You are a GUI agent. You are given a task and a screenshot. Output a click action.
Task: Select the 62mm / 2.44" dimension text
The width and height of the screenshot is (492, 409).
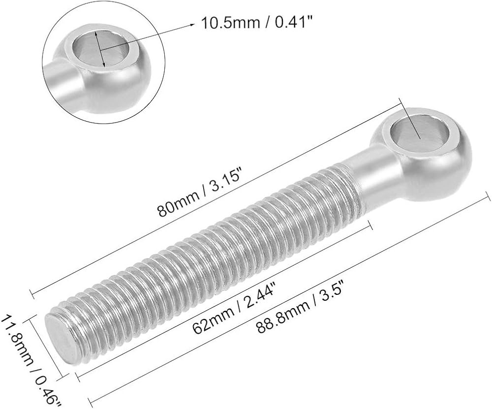(234, 308)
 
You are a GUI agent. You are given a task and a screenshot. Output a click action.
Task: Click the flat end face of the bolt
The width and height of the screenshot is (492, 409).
(62, 339)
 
